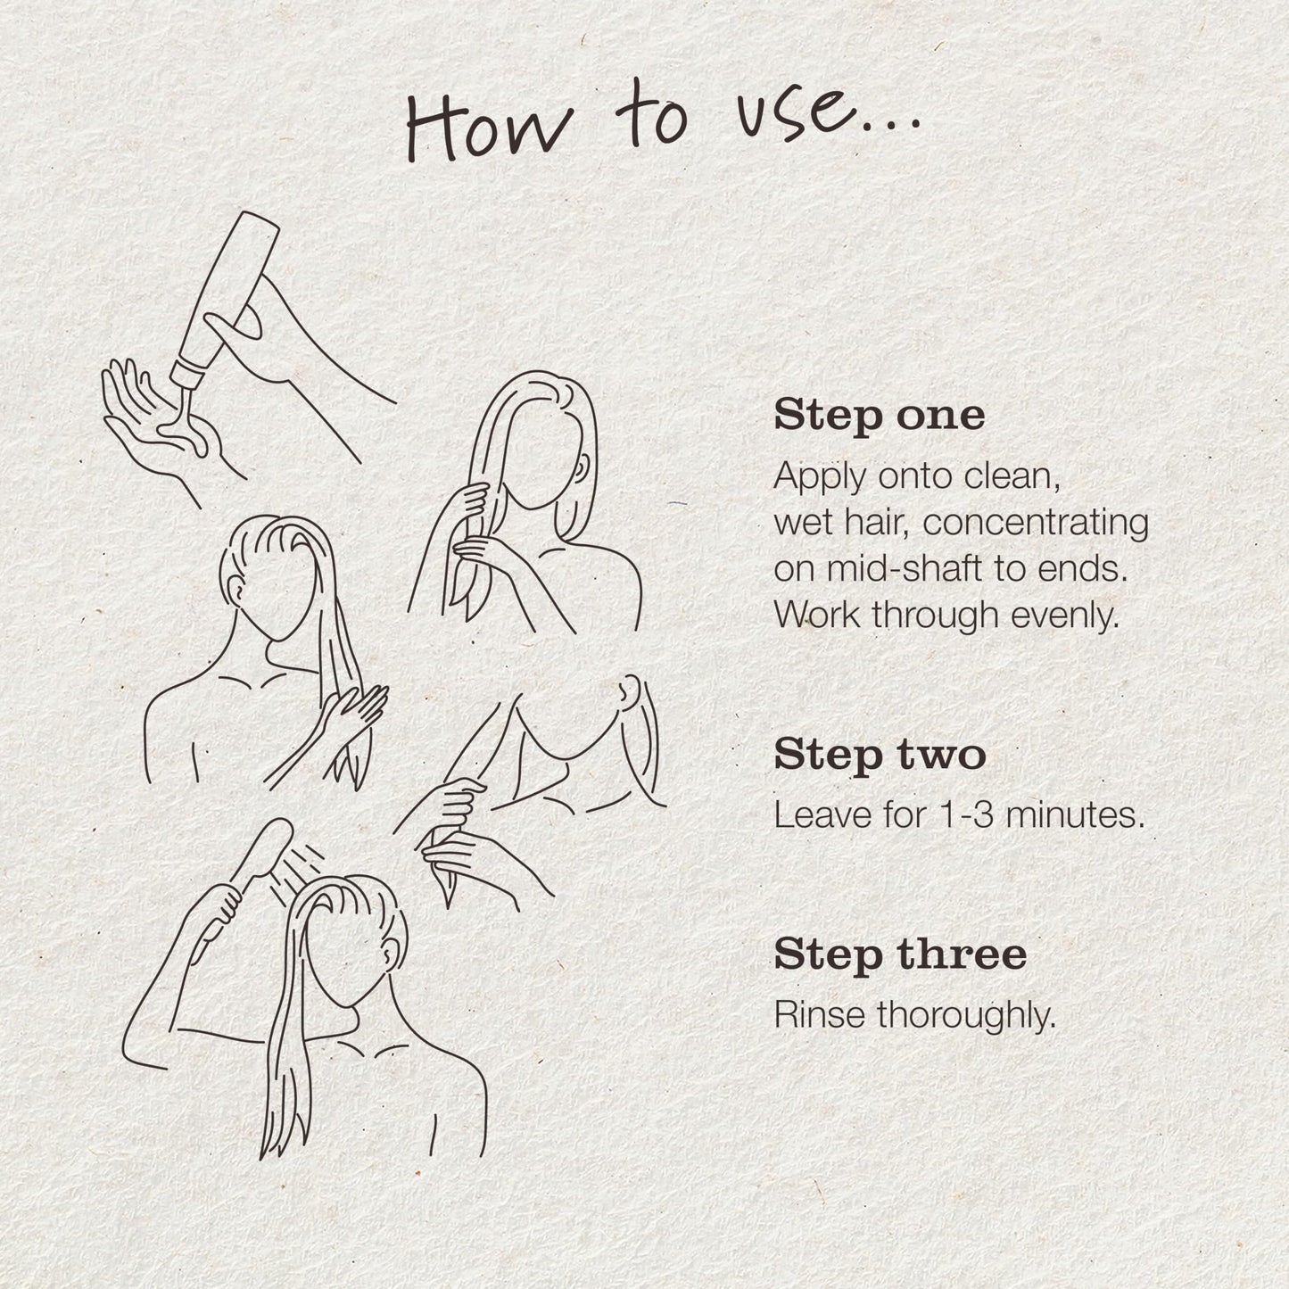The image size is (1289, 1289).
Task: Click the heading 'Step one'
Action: point(879,417)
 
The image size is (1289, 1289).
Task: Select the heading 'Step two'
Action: point(880,756)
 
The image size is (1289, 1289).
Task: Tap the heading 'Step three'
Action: point(900,954)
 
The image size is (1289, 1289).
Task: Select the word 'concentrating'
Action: point(1036,523)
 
